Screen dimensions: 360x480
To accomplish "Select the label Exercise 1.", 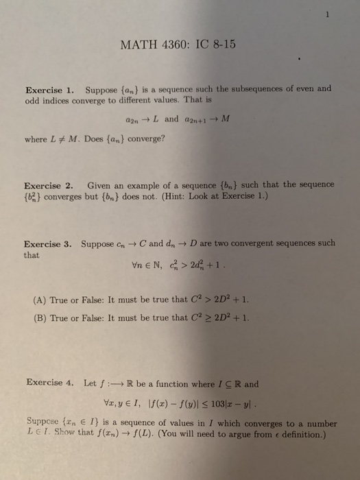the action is (x=49, y=90).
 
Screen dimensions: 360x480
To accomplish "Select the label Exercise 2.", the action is (x=49, y=167).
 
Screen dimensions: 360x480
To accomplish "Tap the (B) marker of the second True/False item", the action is (x=39, y=317).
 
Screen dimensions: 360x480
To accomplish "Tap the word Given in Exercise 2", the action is (x=101, y=167).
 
